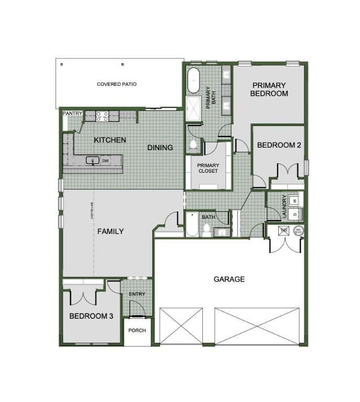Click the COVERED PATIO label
click(116, 84)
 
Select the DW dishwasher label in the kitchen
click(105, 161)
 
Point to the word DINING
click(160, 148)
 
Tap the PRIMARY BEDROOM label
click(269, 90)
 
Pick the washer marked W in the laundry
click(294, 200)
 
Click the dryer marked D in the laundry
click(294, 214)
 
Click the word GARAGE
click(229, 279)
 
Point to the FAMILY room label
click(111, 231)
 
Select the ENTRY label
click(137, 294)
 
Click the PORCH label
click(137, 330)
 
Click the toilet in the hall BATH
click(207, 229)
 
